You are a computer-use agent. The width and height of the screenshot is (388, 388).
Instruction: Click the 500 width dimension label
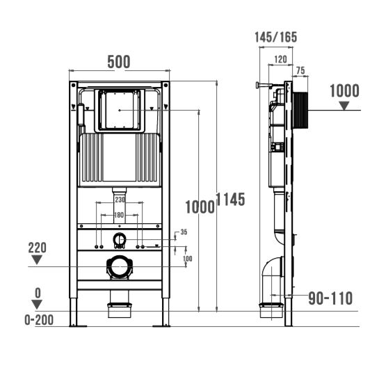click(x=119, y=62)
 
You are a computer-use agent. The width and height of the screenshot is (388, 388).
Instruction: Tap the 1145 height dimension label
click(x=231, y=199)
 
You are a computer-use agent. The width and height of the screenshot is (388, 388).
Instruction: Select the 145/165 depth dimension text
click(x=275, y=38)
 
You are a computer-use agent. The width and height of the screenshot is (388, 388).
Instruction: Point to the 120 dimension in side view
click(x=281, y=59)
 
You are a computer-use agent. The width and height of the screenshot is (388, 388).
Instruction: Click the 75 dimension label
click(x=300, y=70)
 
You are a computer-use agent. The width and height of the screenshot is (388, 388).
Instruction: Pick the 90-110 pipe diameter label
click(x=330, y=298)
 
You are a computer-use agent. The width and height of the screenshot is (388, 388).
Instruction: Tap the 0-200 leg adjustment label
click(x=39, y=320)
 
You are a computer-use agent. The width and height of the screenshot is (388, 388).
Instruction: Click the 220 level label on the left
click(x=37, y=248)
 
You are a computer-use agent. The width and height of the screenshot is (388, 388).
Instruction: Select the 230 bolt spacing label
click(x=120, y=200)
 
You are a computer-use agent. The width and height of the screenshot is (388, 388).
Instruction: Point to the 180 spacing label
click(x=119, y=215)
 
